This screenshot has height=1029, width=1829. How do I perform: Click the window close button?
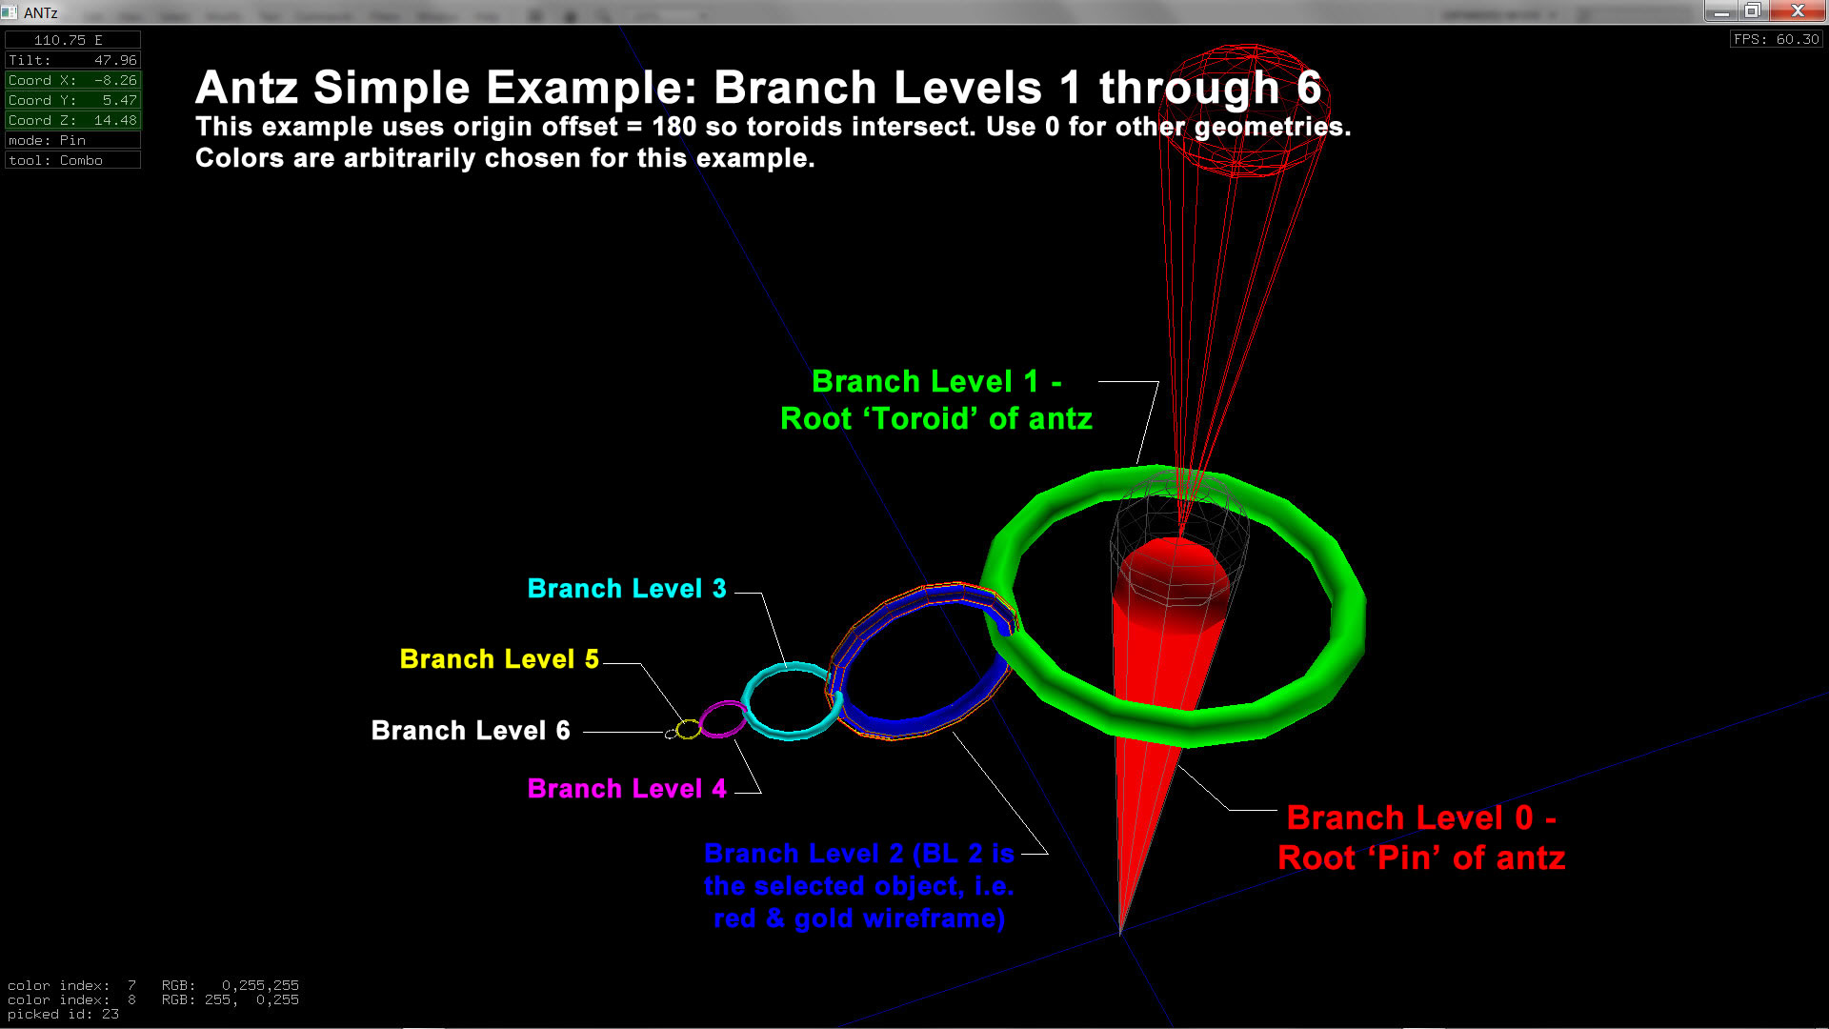point(1798,11)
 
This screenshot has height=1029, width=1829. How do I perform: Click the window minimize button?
point(1720,11)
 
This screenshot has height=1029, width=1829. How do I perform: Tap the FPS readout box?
point(1776,39)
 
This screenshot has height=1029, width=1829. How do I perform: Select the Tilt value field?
point(72,60)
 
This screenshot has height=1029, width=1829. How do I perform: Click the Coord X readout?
point(72,80)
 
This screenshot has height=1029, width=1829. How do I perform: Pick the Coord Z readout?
point(72,120)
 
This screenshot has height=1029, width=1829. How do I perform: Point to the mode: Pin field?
point(72,140)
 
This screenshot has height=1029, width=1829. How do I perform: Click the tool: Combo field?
point(72,160)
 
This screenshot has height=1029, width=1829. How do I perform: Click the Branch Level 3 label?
point(626,589)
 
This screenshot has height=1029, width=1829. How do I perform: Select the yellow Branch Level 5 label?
point(498,659)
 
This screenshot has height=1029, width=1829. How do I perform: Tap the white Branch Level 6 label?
point(470,731)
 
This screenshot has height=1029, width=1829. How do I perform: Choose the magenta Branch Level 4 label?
point(626,789)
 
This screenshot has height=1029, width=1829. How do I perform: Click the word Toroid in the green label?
point(919,419)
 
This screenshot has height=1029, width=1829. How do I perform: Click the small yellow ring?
point(689,730)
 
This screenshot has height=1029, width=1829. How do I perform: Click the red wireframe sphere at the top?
point(1245,110)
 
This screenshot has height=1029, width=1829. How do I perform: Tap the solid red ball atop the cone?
point(1174,575)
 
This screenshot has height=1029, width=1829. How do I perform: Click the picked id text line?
point(63,1015)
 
